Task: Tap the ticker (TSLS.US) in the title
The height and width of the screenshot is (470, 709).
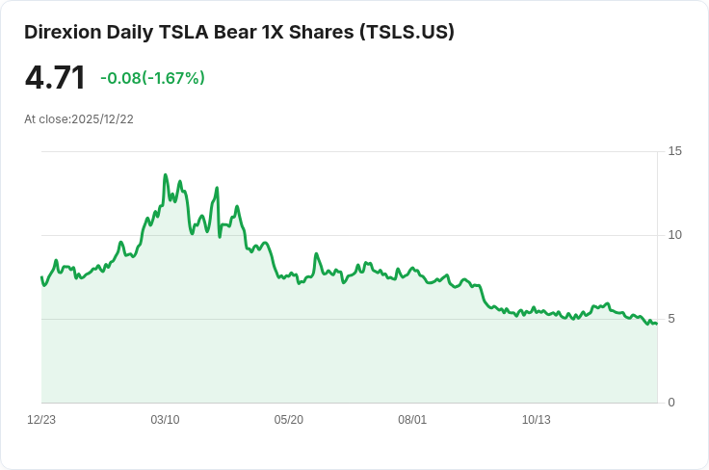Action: click(x=407, y=32)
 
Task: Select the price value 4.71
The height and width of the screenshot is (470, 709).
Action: click(x=55, y=78)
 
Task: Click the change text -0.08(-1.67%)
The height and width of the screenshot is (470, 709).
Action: click(x=152, y=78)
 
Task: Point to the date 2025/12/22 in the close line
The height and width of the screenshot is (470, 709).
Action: click(x=102, y=119)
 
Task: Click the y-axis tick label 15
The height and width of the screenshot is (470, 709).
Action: click(x=674, y=151)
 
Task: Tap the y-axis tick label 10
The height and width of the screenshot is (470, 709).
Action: click(x=674, y=235)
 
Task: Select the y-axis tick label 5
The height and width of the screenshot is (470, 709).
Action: click(x=671, y=319)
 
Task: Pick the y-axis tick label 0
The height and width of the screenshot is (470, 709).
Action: click(x=671, y=403)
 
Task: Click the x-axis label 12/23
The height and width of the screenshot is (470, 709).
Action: click(x=41, y=420)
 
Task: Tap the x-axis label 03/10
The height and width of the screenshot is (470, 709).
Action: click(x=165, y=420)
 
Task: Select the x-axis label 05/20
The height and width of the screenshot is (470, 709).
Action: click(x=289, y=420)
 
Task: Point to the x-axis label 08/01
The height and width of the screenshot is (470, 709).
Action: click(x=412, y=420)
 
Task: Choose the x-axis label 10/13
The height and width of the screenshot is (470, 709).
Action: click(x=536, y=420)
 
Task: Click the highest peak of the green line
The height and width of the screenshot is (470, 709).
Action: click(x=166, y=175)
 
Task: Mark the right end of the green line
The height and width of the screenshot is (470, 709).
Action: click(x=657, y=324)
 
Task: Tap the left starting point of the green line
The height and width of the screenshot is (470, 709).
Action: click(x=41, y=277)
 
